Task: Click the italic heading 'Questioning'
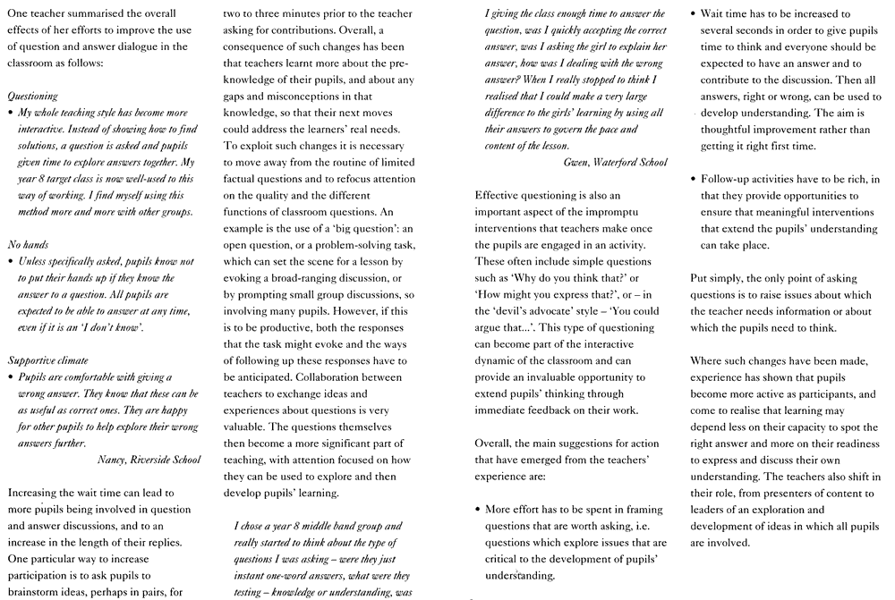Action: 32,95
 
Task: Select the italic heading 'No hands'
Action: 27,244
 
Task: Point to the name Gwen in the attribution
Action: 577,162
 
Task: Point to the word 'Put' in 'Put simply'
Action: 699,279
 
